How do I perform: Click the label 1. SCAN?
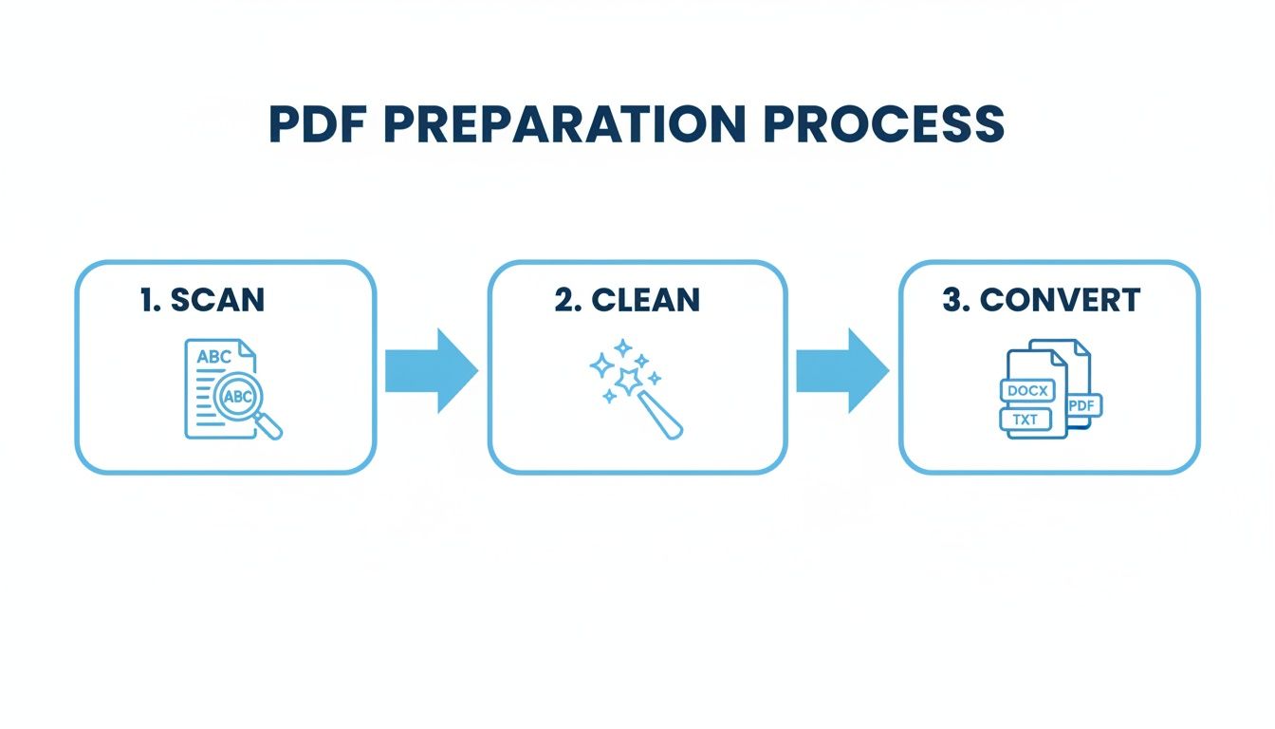tap(202, 300)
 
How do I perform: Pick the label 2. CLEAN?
tap(627, 300)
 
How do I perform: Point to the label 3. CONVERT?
tap(1041, 300)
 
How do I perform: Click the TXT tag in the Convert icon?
tap(1025, 419)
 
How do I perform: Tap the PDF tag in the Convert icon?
tap(1081, 405)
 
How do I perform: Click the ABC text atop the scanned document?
tap(213, 358)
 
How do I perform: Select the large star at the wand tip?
tap(627, 381)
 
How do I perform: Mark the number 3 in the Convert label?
tap(952, 300)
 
